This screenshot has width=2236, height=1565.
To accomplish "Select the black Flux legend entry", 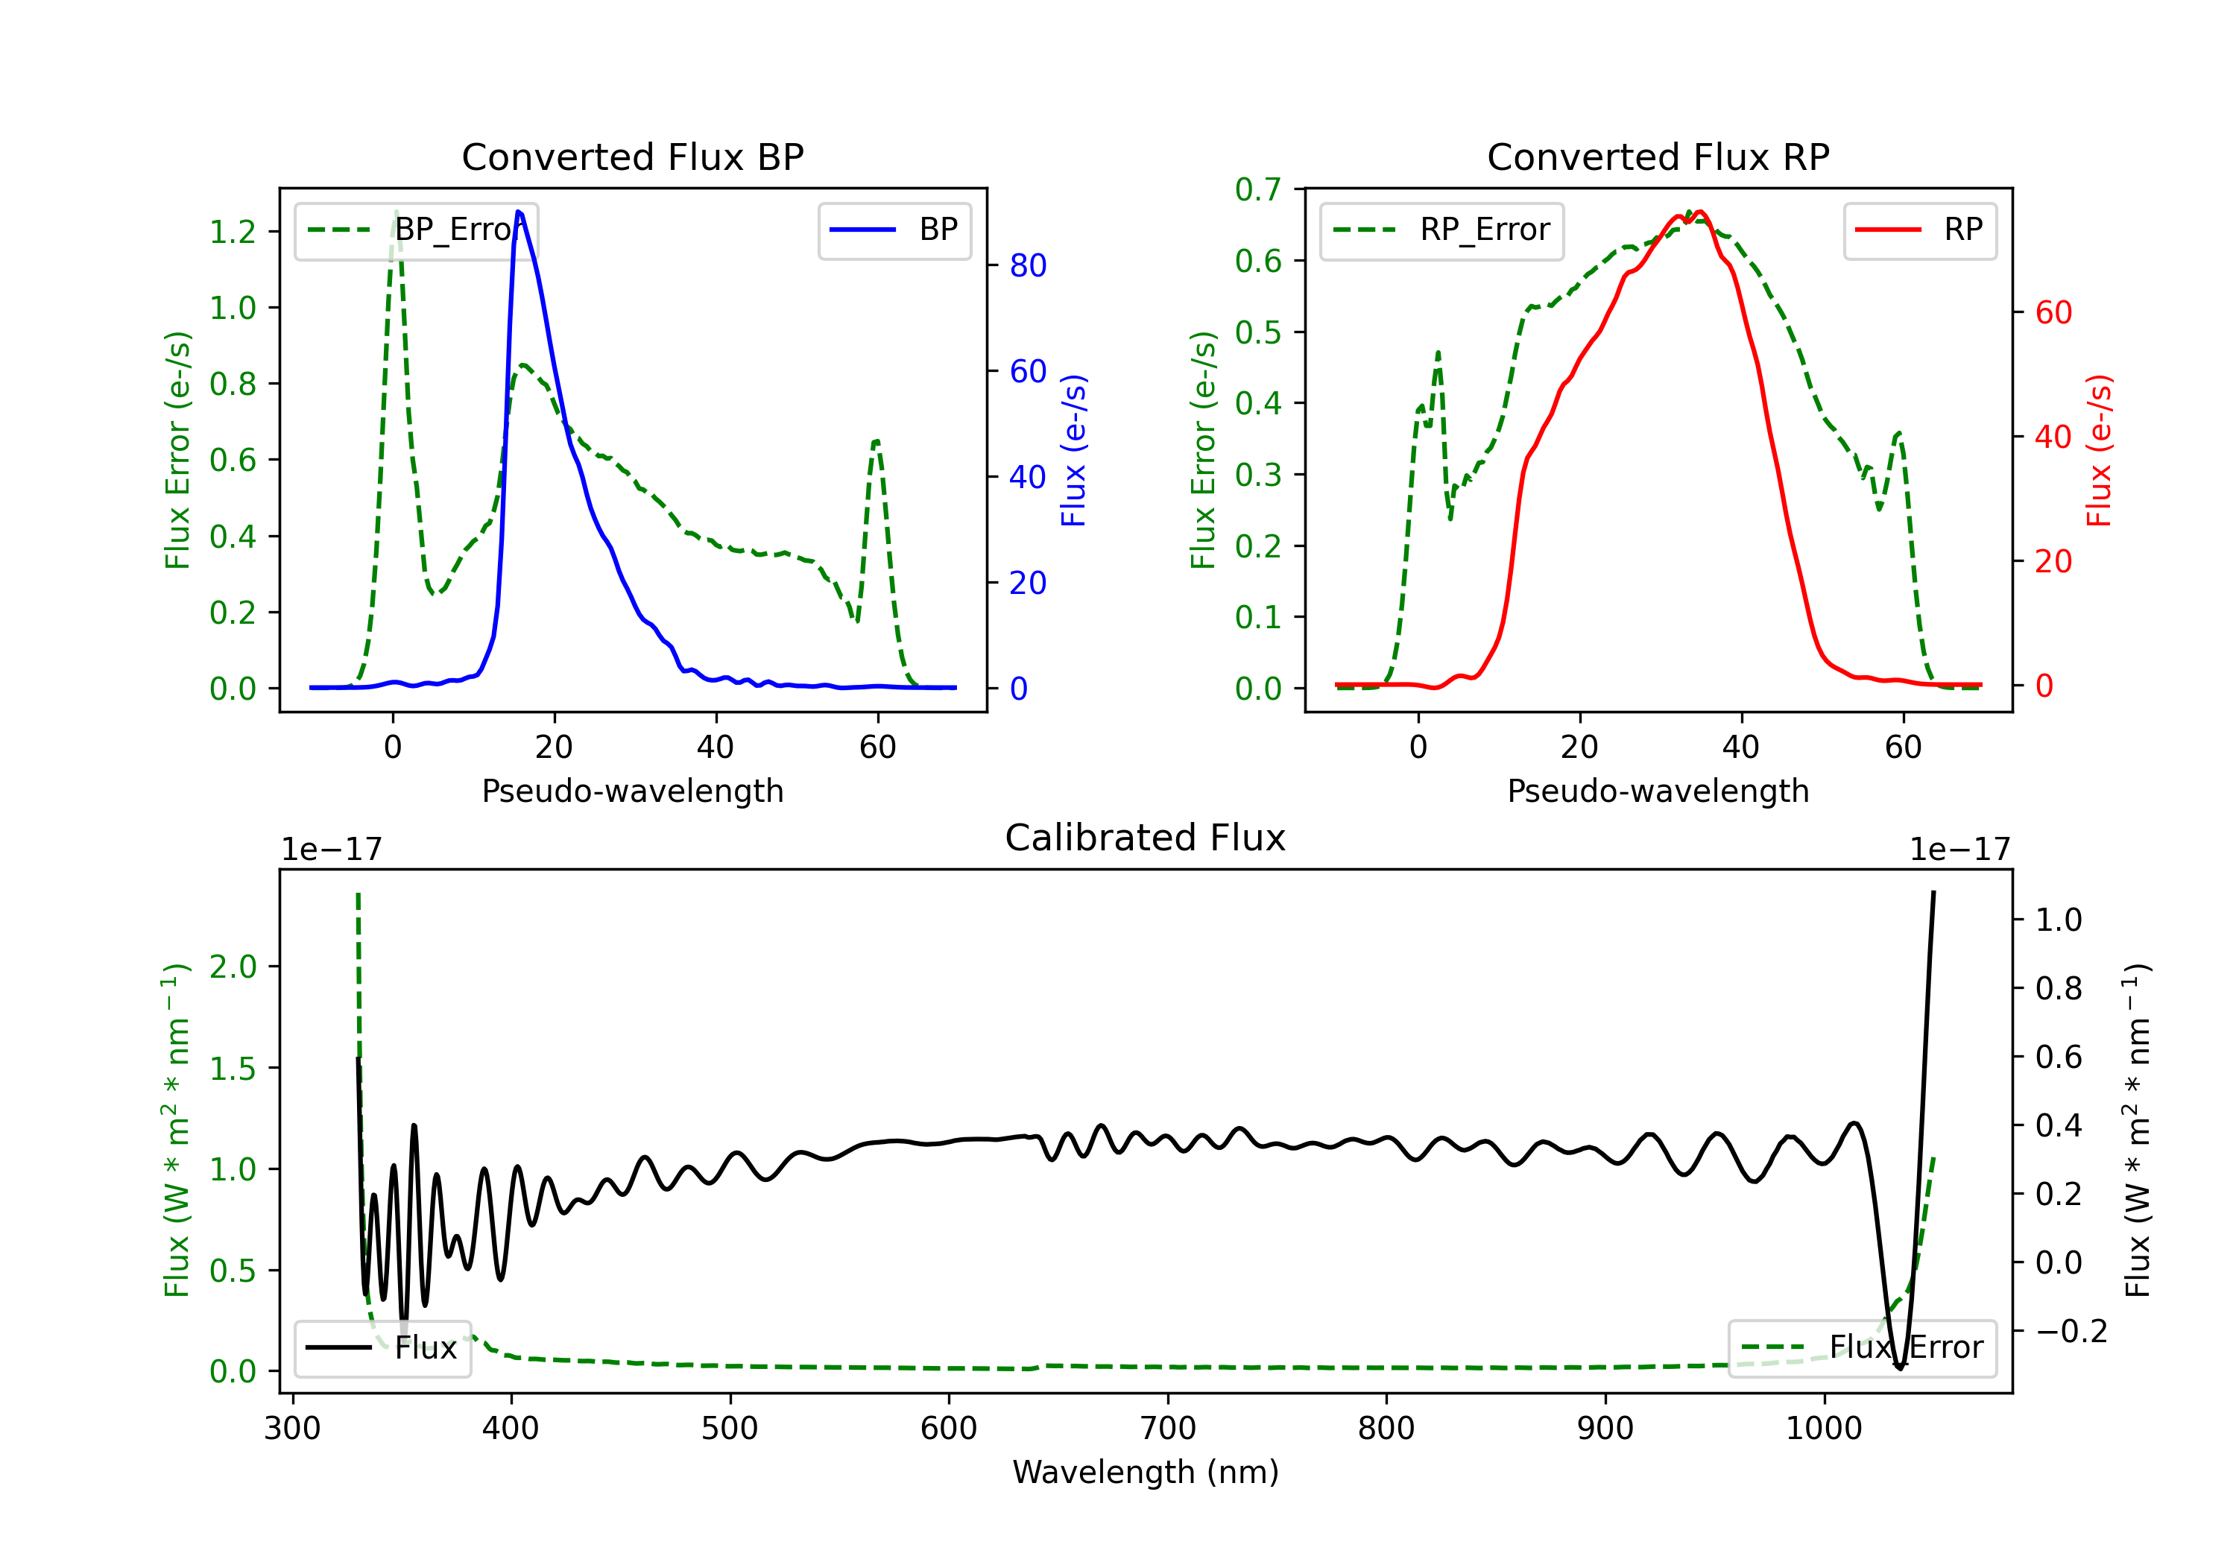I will click(x=382, y=1348).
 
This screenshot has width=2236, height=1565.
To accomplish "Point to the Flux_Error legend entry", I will click(x=1862, y=1348).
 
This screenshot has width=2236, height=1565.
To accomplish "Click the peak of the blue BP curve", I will click(x=518, y=212).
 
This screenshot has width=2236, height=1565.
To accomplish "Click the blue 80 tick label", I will click(x=1027, y=266).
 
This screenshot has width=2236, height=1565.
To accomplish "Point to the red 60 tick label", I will click(x=2053, y=312).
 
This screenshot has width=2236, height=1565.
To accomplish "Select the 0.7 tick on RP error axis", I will click(x=1257, y=190).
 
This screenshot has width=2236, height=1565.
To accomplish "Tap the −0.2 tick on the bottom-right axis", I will click(x=2071, y=1331).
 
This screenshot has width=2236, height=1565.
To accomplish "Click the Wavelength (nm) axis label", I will click(x=1146, y=1472).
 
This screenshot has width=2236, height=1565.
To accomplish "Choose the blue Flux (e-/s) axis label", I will click(x=1073, y=450).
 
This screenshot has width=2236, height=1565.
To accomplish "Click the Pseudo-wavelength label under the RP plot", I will click(x=1658, y=791).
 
